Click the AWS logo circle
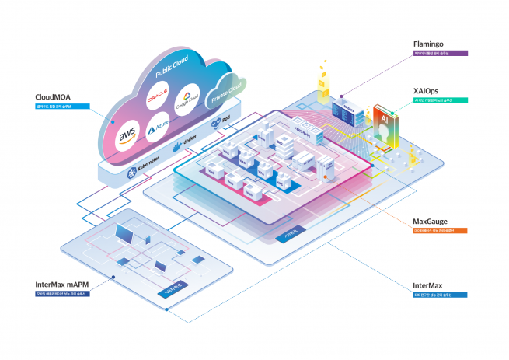click(127, 138)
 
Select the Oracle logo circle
click(159, 99)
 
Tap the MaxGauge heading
click(429, 222)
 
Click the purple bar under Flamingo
click(440, 54)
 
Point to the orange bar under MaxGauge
click(440, 231)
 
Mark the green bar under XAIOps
click(440, 100)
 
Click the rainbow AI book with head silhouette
click(385, 127)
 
